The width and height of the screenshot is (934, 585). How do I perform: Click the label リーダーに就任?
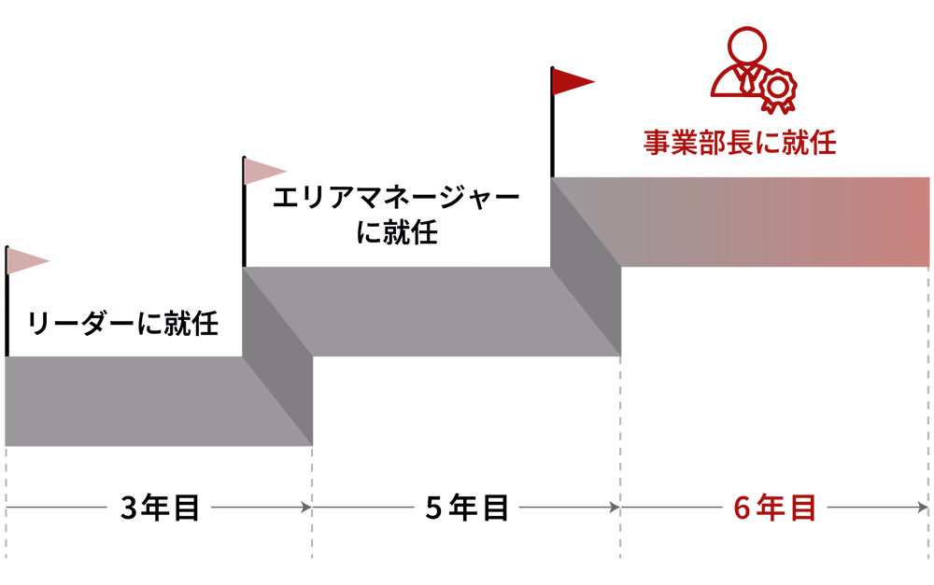(122, 323)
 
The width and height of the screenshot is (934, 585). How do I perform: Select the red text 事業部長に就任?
(740, 143)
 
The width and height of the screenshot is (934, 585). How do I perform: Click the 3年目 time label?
(160, 508)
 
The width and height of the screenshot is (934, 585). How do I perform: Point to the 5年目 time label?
(467, 508)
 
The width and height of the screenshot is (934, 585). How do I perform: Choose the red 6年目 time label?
(774, 508)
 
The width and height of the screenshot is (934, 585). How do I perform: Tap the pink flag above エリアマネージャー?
(265, 172)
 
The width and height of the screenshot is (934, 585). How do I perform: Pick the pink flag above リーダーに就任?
(28, 261)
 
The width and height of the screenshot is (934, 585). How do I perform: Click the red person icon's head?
(747, 44)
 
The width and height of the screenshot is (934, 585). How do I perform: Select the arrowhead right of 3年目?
(306, 508)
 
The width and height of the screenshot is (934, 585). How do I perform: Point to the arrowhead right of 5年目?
(615, 508)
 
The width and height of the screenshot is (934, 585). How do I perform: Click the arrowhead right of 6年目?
(923, 508)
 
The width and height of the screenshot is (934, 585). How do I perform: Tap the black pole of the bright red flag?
(552, 122)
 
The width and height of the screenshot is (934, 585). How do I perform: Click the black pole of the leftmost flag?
(7, 301)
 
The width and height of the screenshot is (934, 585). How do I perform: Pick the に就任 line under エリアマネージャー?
(397, 232)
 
